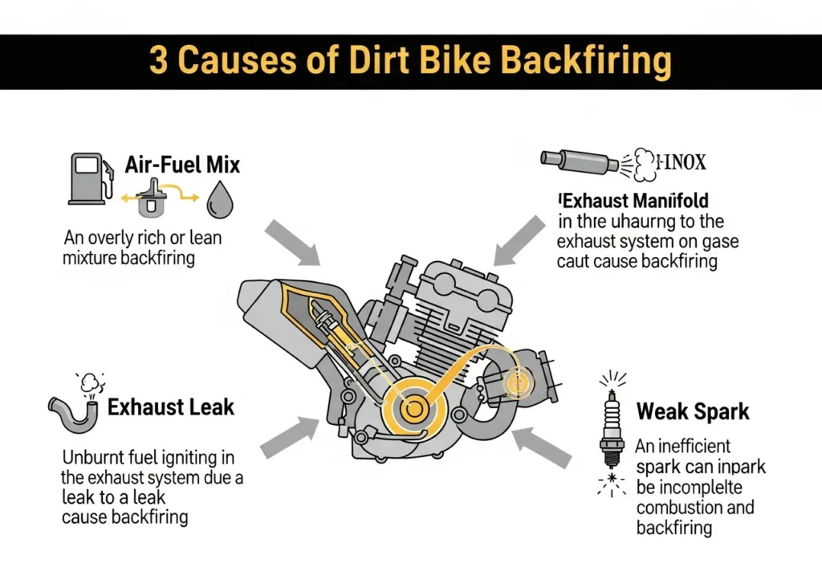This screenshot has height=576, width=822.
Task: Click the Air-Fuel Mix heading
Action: (x=182, y=165)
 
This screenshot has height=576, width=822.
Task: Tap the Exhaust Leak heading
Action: (x=171, y=406)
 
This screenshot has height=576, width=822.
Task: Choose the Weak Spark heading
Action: (x=693, y=412)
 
